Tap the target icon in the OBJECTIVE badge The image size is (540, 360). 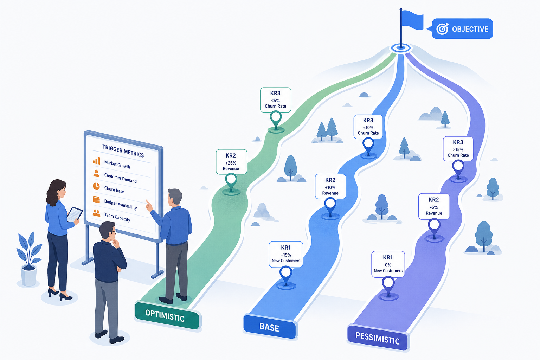coord(442,29)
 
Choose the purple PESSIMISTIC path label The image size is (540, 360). coord(378,337)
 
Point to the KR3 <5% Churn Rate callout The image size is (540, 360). coord(276,100)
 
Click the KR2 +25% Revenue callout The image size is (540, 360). coord(231,162)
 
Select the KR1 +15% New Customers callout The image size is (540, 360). coord(286,254)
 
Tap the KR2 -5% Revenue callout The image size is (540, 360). coord(434,206)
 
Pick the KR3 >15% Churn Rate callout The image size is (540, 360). coord(458,149)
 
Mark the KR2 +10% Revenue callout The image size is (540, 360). coord(330,186)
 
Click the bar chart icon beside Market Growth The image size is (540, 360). coord(97,161)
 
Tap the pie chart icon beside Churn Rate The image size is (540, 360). coord(96,186)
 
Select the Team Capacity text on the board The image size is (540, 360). coord(117,217)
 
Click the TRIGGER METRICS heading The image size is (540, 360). coord(123,151)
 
